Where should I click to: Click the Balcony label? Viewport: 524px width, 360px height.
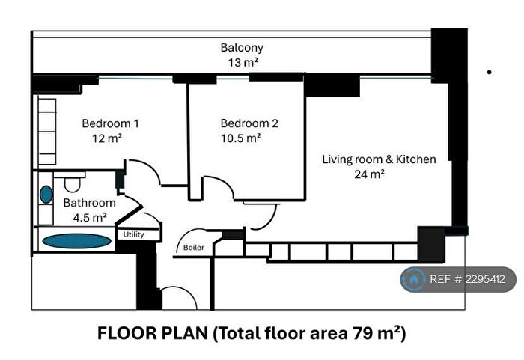(x=241, y=48)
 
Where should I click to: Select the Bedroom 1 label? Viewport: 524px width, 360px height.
(x=109, y=123)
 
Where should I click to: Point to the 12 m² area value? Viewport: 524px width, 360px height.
(x=108, y=138)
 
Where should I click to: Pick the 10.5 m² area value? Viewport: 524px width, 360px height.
(x=240, y=138)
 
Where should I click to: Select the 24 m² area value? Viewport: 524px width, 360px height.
(x=370, y=174)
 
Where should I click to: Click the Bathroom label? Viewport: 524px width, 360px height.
(x=89, y=203)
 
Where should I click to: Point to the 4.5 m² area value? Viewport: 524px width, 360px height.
(x=89, y=218)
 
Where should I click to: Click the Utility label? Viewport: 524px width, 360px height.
(x=135, y=235)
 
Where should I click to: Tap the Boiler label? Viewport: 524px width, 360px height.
(x=193, y=248)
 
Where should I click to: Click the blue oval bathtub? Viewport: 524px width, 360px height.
(x=75, y=241)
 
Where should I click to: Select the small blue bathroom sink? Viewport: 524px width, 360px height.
(x=46, y=195)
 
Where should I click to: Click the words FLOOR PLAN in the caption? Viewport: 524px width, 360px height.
(x=154, y=333)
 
